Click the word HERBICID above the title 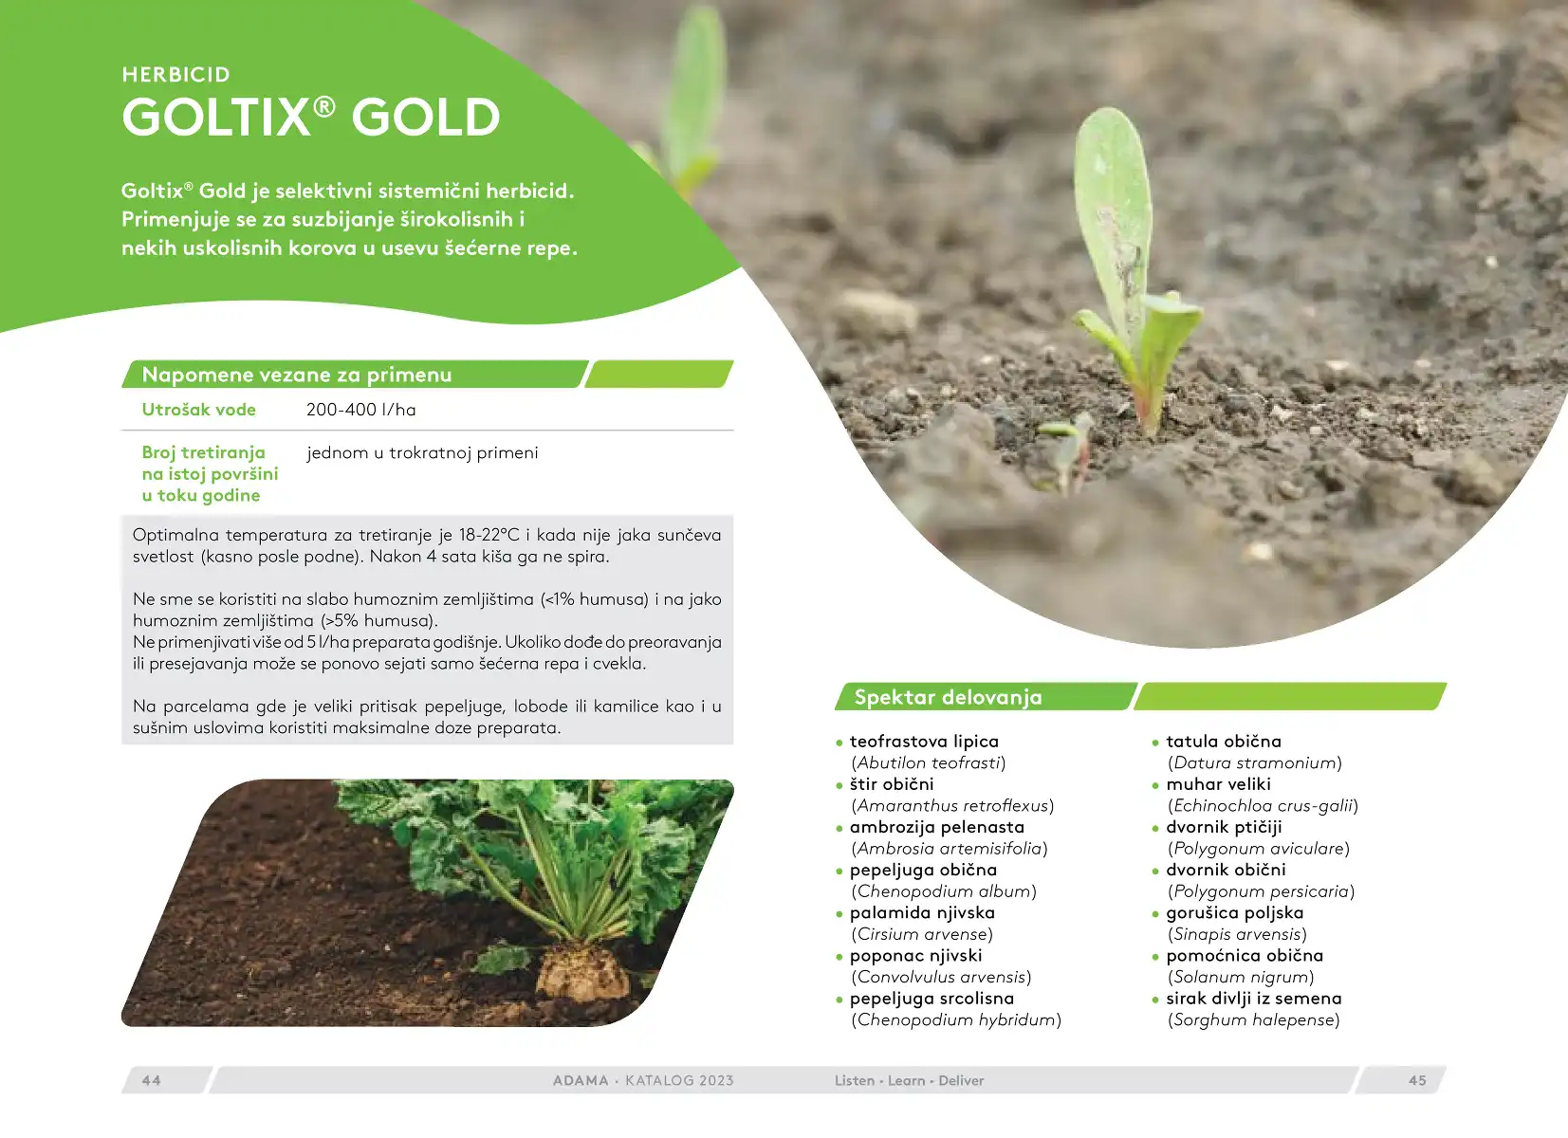pos(175,74)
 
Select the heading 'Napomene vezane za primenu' pos(297,375)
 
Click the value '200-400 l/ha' pos(361,410)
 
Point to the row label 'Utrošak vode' pos(199,410)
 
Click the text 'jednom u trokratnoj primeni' pos(423,452)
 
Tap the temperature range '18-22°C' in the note pos(489,535)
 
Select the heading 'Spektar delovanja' pos(949,697)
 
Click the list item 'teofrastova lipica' pos(924,742)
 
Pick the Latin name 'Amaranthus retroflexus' pos(952,805)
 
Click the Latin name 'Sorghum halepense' pos(1254,1019)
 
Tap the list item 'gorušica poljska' pos(1235,913)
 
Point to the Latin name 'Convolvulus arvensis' pos(942,977)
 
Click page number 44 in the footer pos(151,1080)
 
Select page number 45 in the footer pos(1417,1080)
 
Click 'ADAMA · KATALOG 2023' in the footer pos(643,1080)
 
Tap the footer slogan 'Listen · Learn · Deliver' pos(910,1080)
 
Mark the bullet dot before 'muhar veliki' pos(1155,786)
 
